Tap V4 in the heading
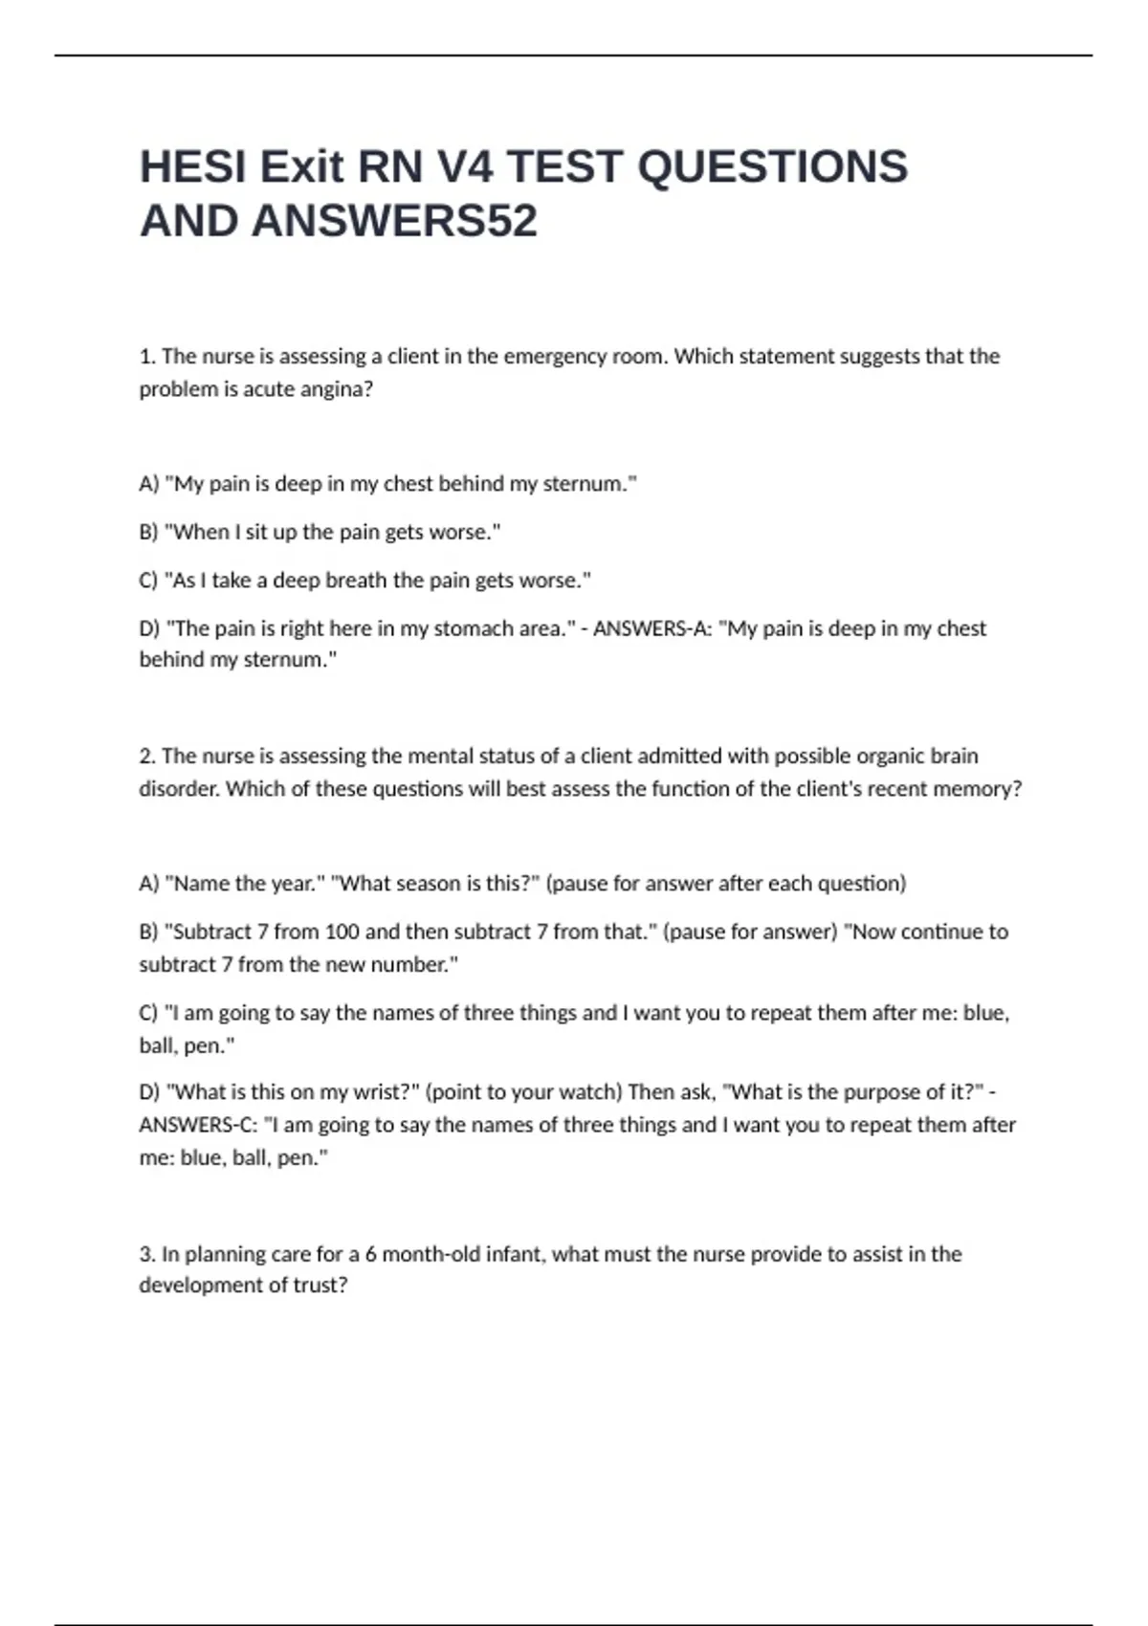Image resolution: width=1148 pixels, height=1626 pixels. pyautogui.click(x=465, y=167)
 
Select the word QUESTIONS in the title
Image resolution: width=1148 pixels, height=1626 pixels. pyautogui.click(x=772, y=167)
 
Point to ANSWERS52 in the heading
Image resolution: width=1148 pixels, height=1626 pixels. pyautogui.click(x=394, y=222)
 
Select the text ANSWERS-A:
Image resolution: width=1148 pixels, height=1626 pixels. pyautogui.click(x=651, y=628)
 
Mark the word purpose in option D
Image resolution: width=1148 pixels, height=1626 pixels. pyautogui.click(x=885, y=1092)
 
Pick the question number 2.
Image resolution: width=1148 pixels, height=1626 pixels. pyautogui.click(x=146, y=756)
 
